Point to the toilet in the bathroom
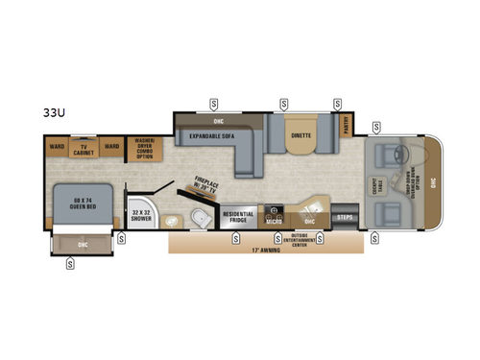(x=199, y=218)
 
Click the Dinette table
(x=301, y=136)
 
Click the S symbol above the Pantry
(x=338, y=103)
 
